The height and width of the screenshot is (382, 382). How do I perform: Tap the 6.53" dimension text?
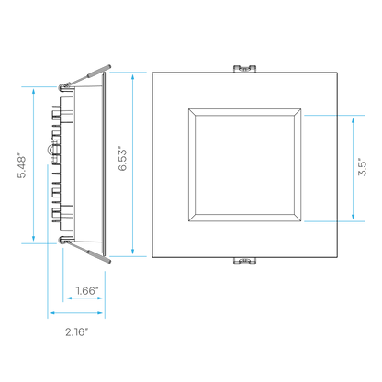click(x=122, y=160)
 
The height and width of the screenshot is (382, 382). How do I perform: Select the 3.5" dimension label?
click(x=362, y=167)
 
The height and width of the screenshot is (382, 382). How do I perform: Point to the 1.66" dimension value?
click(x=87, y=290)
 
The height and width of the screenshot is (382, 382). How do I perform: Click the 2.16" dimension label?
click(x=76, y=331)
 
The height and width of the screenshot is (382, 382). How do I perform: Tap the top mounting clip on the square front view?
click(x=244, y=69)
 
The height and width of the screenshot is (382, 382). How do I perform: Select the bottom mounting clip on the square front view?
click(x=244, y=261)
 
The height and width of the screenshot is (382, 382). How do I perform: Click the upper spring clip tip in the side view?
click(x=109, y=66)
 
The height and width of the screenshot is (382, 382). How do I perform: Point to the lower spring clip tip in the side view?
click(x=109, y=261)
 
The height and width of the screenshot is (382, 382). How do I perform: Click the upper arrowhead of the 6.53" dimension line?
click(x=132, y=76)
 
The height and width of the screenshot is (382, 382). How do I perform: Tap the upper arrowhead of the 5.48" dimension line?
click(x=33, y=91)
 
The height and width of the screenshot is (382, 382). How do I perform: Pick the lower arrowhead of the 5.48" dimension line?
click(x=33, y=238)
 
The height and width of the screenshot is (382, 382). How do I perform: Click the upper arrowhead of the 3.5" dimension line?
click(x=353, y=120)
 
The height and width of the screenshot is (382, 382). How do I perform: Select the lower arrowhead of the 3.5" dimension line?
click(x=353, y=216)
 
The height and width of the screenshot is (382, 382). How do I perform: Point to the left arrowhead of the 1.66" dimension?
click(x=70, y=298)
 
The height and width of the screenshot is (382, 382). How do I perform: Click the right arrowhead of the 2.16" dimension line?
click(x=99, y=313)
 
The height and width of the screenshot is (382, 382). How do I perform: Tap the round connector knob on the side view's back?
click(x=51, y=150)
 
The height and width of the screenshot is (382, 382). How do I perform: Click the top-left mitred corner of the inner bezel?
click(x=192, y=112)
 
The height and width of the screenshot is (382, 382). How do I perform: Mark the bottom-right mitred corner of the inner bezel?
click(x=298, y=218)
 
